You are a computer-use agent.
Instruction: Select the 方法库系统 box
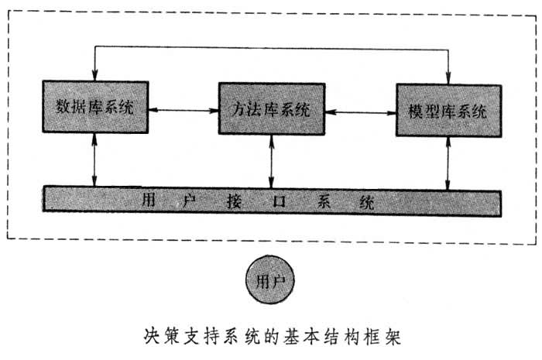coord(271,109)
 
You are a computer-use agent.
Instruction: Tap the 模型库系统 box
coord(446,111)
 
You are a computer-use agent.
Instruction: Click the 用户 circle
coord(271,279)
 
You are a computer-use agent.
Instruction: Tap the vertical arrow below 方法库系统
coord(271,163)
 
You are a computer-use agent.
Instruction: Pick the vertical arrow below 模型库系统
coord(448,165)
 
